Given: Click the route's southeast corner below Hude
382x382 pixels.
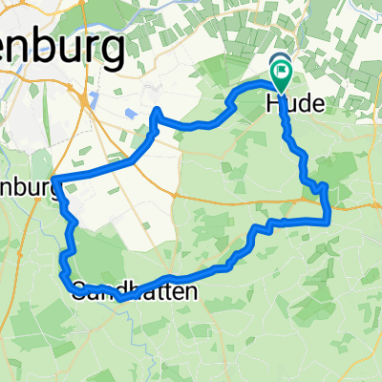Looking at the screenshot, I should pos(329,221).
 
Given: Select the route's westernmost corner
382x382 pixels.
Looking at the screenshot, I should pos(56,180).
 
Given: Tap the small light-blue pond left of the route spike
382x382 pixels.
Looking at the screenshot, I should pos(129,116).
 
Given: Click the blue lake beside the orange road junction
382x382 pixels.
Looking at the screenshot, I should pos(93,100).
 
